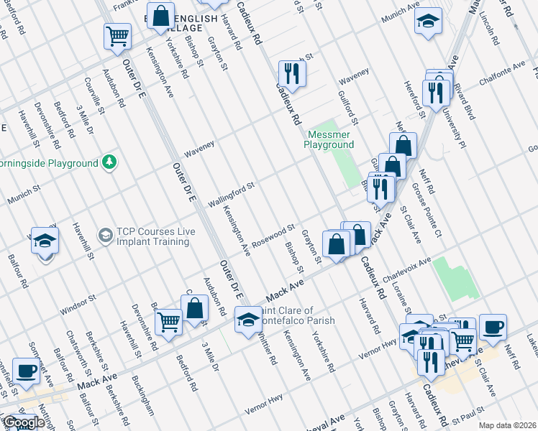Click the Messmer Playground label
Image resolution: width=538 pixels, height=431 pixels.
point(331,139)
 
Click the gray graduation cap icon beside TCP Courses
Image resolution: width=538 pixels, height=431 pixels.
point(105,236)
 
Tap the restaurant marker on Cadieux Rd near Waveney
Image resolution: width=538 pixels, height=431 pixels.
point(292,73)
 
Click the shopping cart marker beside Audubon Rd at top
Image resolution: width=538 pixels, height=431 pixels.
point(118,35)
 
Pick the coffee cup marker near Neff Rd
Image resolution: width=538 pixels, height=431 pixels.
point(493,327)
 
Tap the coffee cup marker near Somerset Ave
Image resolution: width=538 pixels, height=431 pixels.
point(27,371)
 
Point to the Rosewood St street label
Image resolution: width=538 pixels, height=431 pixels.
point(273,237)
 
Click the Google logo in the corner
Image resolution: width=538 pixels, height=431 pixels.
point(24,423)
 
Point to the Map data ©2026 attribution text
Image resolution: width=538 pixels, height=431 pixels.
point(507,425)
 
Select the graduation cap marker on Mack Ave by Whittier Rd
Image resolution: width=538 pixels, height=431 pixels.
point(248,320)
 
